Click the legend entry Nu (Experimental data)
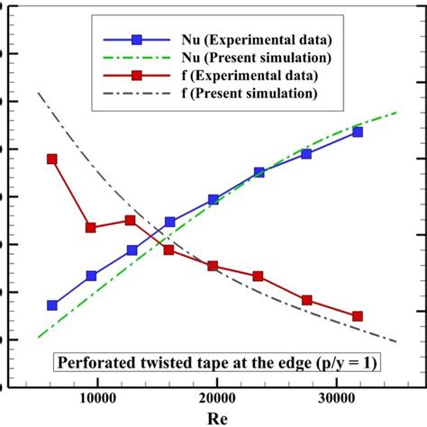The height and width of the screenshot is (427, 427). (x=243, y=40)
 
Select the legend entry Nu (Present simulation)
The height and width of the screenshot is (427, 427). (x=244, y=58)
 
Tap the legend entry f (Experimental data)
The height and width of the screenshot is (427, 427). (x=236, y=76)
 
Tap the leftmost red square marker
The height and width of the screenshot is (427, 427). (x=52, y=159)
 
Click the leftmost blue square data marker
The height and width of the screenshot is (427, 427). (x=52, y=305)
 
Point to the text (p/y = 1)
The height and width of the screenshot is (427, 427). (x=345, y=364)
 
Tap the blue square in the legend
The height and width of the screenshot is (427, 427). (x=137, y=40)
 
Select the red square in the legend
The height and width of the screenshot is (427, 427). (x=137, y=76)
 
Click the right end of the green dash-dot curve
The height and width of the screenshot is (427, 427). (x=396, y=113)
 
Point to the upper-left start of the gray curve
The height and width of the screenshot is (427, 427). (x=38, y=93)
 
